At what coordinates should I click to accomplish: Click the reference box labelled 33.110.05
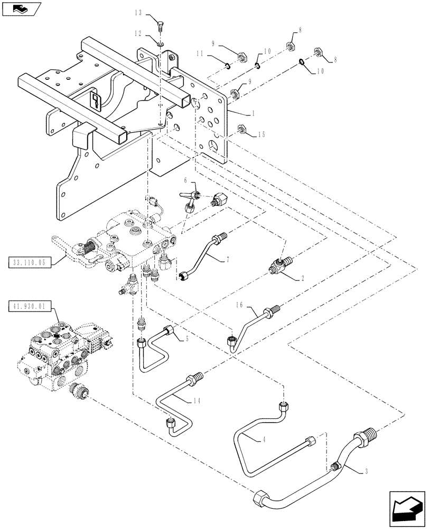click(30, 261)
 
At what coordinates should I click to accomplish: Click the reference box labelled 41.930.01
click(30, 306)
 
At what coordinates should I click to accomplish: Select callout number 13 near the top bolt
click(138, 12)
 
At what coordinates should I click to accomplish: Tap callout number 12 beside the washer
click(138, 33)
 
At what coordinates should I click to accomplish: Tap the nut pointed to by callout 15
click(243, 129)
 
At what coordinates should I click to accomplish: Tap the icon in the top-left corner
click(20, 8)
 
